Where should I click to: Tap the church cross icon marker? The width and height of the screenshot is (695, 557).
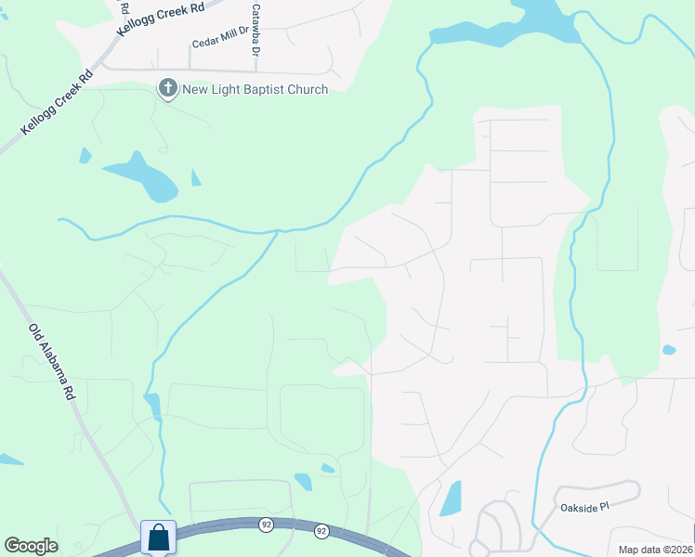pyautogui.click(x=168, y=89)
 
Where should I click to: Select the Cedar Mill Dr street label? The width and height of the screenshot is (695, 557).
pyautogui.click(x=220, y=42)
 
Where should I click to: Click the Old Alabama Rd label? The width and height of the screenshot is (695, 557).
pyautogui.click(x=52, y=361)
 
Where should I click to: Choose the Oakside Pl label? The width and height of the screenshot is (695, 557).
pyautogui.click(x=584, y=507)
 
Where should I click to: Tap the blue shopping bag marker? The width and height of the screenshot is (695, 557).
pyautogui.click(x=158, y=538)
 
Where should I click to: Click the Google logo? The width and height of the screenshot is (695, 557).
pyautogui.click(x=31, y=546)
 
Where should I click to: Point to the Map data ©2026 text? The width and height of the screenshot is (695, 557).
pyautogui.click(x=655, y=550)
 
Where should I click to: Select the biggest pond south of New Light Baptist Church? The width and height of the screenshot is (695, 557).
pyautogui.click(x=144, y=175)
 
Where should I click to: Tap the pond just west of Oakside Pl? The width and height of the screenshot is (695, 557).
pyautogui.click(x=451, y=499)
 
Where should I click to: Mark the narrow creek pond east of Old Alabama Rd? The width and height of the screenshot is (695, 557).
pyautogui.click(x=153, y=406)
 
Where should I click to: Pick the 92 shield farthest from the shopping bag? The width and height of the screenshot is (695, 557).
pyautogui.click(x=321, y=531)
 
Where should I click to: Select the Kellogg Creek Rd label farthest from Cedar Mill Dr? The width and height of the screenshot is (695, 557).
pyautogui.click(x=55, y=102)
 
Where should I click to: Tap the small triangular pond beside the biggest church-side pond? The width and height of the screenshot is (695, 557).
pyautogui.click(x=195, y=177)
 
